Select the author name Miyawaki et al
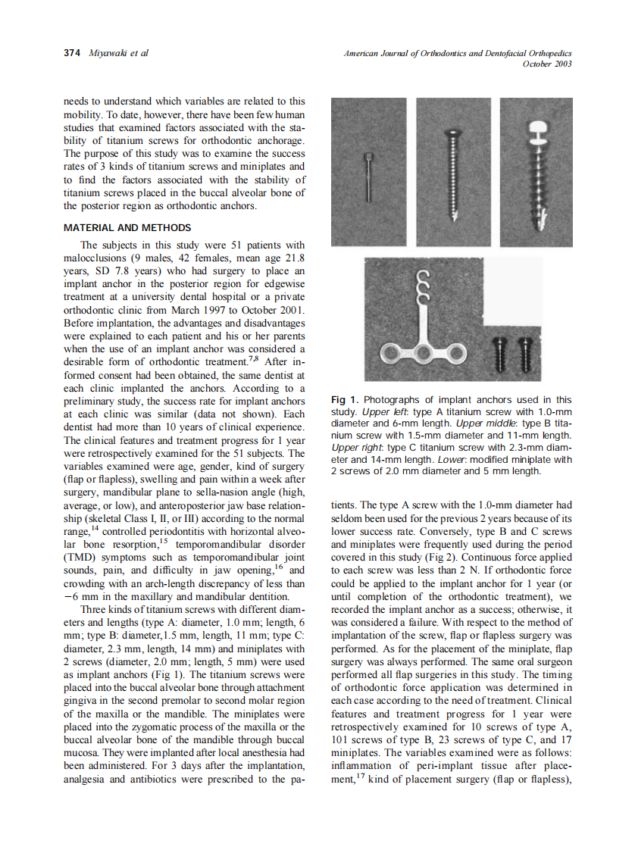[119, 53]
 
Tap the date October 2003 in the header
[547, 64]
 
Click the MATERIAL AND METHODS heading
[127, 227]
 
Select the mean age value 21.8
[293, 258]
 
